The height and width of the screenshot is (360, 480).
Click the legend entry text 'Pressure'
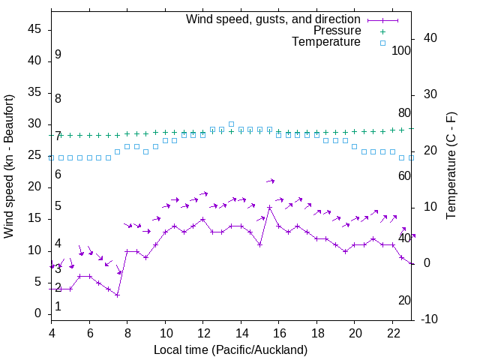tap(337, 31)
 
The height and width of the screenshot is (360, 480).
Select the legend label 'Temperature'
tap(326, 42)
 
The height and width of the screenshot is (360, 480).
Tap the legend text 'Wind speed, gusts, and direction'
tap(273, 19)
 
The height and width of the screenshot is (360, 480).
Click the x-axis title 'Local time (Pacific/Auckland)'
tap(230, 349)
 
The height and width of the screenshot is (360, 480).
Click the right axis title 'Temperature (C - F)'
tap(451, 166)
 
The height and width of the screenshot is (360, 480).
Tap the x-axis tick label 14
tap(241, 331)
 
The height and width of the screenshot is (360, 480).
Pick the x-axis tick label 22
tap(392, 331)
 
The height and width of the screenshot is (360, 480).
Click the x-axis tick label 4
tap(52, 331)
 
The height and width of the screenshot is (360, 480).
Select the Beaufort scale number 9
tap(58, 55)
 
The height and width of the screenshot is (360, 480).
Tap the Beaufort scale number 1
tap(58, 307)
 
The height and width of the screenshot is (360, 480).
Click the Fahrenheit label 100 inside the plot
tap(401, 50)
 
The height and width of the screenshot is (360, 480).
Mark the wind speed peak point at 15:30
tap(269, 208)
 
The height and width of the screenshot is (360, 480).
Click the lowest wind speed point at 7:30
tap(118, 295)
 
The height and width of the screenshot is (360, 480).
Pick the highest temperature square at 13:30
tap(231, 124)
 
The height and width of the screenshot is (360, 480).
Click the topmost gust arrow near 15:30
tap(270, 181)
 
